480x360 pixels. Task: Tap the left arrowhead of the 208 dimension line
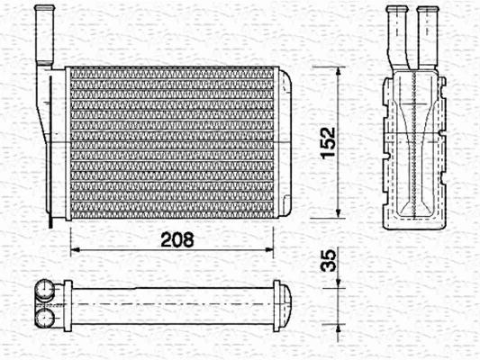coord(75,249)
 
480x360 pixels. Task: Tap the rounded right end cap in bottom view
coord(285,303)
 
